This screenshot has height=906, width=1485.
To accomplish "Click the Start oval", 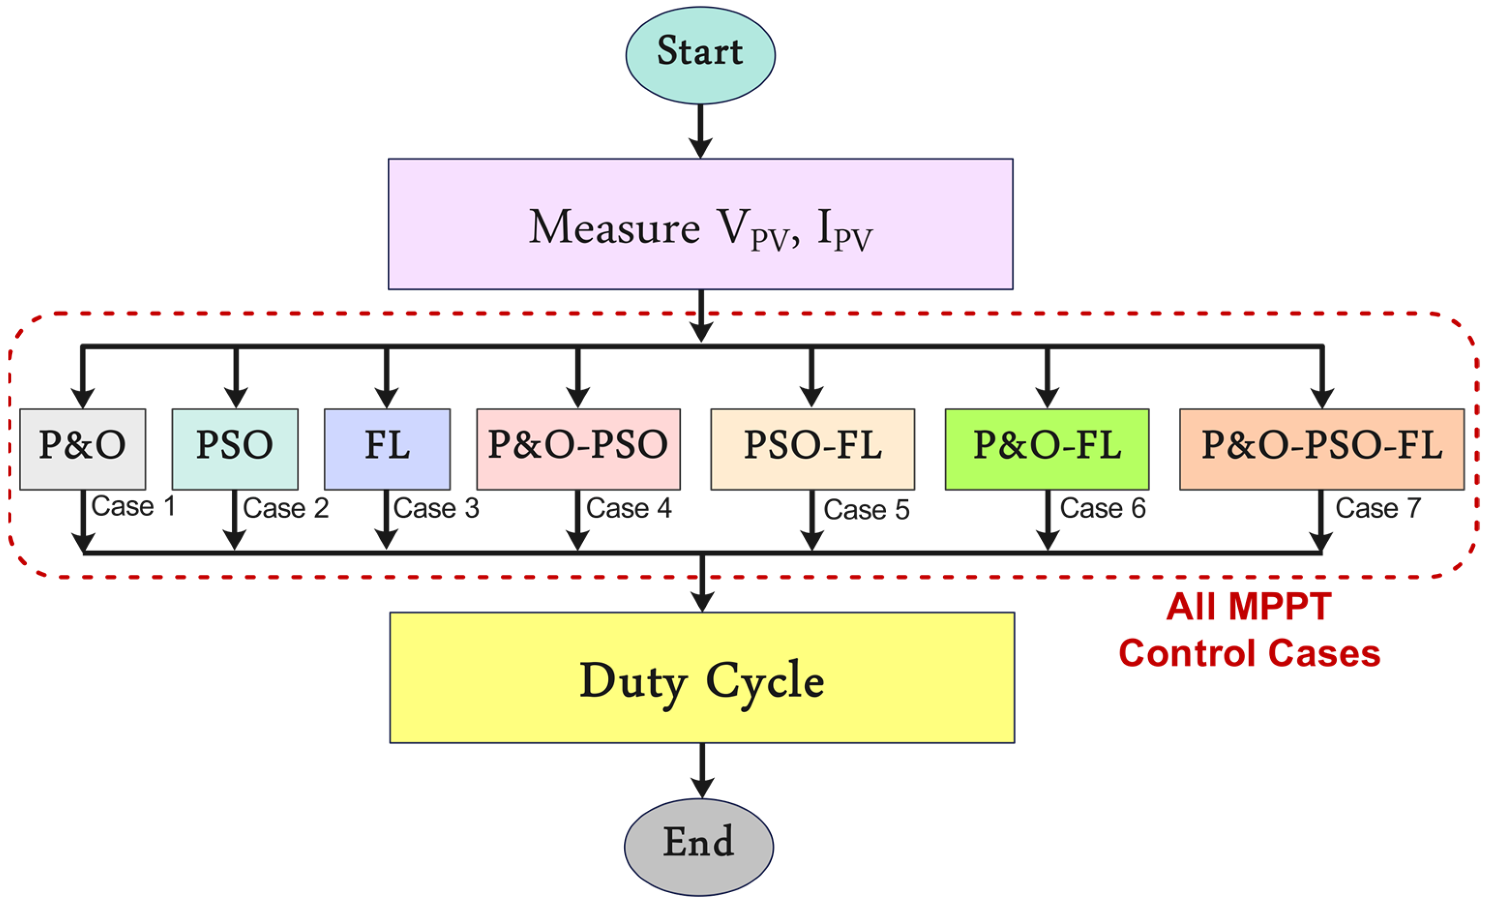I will click(x=700, y=55).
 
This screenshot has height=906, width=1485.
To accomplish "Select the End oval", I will click(x=698, y=846).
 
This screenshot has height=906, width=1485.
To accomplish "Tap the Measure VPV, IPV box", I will click(x=700, y=224).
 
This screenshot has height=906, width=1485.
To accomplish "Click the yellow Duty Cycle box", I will click(x=702, y=678).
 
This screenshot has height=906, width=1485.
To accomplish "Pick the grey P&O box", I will click(x=83, y=449).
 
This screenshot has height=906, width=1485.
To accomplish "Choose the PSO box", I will click(x=235, y=449).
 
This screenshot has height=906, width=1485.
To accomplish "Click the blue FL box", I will click(x=387, y=449).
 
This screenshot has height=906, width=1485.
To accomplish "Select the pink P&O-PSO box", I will click(x=578, y=449).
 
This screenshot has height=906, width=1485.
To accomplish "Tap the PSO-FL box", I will click(x=812, y=449).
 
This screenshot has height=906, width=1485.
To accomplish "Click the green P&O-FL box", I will click(x=1047, y=449).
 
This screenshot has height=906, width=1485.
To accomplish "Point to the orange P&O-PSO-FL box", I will click(x=1321, y=449).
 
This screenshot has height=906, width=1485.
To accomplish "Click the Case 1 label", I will click(x=133, y=506).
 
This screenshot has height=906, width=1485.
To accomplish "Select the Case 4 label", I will click(x=628, y=508).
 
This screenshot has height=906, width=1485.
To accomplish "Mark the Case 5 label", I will click(x=866, y=510).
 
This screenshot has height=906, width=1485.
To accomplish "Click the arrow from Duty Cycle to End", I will click(x=702, y=770).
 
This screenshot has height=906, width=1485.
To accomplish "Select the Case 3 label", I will click(x=436, y=508).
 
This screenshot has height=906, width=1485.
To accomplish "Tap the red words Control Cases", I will click(x=1249, y=654).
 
